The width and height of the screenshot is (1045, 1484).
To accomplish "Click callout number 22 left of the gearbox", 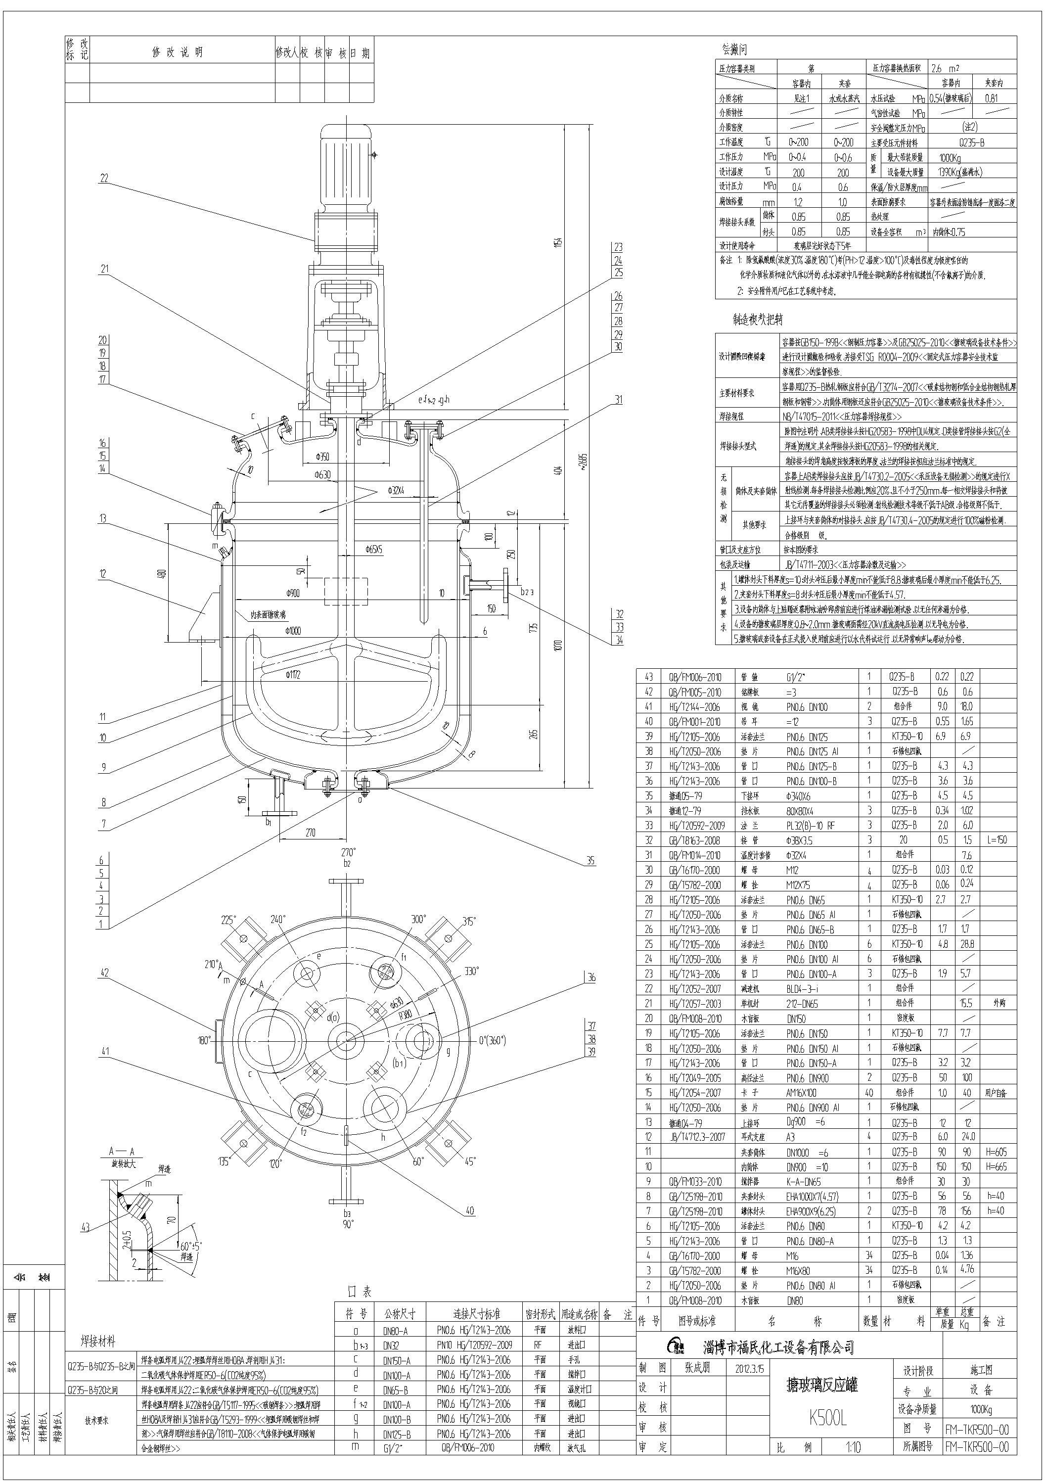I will [103, 179].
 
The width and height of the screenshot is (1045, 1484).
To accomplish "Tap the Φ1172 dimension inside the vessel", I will [293, 675].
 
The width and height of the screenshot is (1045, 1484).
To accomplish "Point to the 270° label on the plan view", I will [348, 852].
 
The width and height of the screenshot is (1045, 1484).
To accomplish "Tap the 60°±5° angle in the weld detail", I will [190, 1246].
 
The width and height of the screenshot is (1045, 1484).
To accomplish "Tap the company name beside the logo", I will [778, 1347].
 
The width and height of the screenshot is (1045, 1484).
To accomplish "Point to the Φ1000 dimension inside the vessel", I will [292, 630].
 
